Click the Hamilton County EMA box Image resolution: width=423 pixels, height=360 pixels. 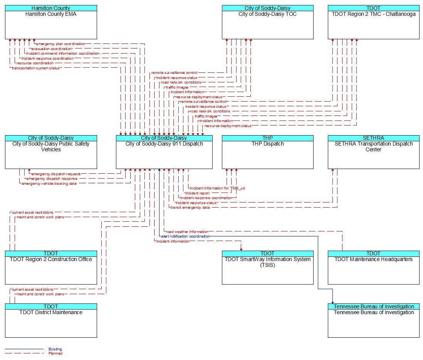click(x=51, y=22)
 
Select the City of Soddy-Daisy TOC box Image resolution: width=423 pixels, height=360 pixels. click(x=268, y=22)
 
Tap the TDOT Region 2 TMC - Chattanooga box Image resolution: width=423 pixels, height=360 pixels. click(x=374, y=22)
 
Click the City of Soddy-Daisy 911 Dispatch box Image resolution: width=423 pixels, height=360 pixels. click(x=164, y=152)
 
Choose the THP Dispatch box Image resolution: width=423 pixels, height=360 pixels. click(x=268, y=152)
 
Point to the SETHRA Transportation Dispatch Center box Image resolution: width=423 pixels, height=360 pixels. click(x=374, y=152)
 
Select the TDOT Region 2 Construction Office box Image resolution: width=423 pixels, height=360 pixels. click(x=51, y=268)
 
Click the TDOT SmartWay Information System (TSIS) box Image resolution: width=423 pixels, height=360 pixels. click(x=268, y=268)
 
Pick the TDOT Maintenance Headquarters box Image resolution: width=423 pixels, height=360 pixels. click(x=374, y=268)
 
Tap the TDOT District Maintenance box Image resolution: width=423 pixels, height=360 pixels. click(x=51, y=321)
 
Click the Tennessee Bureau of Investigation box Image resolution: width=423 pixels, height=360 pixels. click(x=374, y=321)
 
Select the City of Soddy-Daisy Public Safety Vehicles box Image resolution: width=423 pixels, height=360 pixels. click(x=51, y=152)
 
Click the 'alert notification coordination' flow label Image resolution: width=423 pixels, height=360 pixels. click(x=185, y=236)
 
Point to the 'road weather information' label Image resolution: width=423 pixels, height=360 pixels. click(x=187, y=232)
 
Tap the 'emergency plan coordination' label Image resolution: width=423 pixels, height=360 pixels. click(x=60, y=44)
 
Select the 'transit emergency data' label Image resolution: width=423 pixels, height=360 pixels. click(x=190, y=208)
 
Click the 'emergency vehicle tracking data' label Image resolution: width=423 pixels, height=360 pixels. click(x=49, y=184)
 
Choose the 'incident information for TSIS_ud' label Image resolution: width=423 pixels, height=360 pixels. click(x=217, y=188)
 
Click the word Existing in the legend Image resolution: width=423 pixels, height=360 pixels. click(x=55, y=349)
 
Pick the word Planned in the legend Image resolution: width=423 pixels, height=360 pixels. click(x=55, y=353)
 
